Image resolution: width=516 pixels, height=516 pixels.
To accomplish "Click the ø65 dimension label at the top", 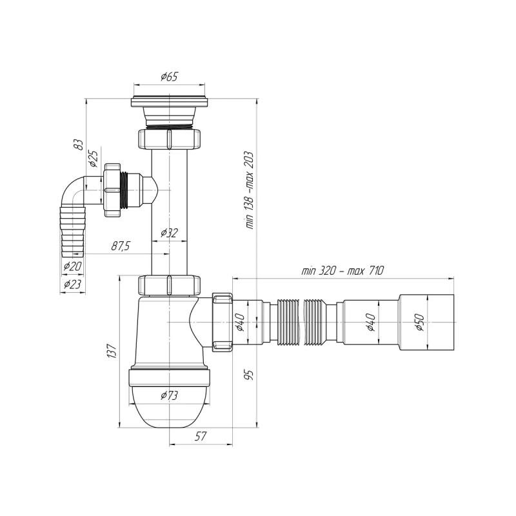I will (x=169, y=77).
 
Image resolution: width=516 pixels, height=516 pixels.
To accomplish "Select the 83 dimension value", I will (x=77, y=144).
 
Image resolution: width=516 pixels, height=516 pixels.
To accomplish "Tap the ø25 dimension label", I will (x=92, y=157).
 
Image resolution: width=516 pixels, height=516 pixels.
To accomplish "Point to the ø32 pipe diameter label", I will (x=170, y=232).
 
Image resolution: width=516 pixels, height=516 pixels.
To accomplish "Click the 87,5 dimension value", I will (x=120, y=246).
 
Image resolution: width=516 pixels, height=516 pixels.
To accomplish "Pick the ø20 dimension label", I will (x=72, y=266).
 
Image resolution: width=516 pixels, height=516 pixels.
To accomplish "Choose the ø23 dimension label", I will (x=72, y=284).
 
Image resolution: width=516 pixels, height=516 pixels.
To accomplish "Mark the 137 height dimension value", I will (x=112, y=352).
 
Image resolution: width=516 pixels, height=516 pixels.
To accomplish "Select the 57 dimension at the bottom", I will (x=200, y=437).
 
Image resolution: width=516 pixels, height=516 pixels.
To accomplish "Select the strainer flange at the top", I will (x=171, y=101).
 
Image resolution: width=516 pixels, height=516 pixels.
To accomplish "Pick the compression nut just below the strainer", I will (x=169, y=139).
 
